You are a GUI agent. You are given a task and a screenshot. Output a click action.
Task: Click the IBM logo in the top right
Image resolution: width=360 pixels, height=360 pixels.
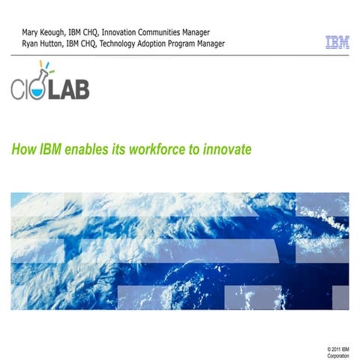click(337, 43)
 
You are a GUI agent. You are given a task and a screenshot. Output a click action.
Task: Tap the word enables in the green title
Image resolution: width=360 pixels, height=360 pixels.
click(84, 148)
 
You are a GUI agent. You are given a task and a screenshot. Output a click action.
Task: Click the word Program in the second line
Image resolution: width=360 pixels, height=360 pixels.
click(184, 43)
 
